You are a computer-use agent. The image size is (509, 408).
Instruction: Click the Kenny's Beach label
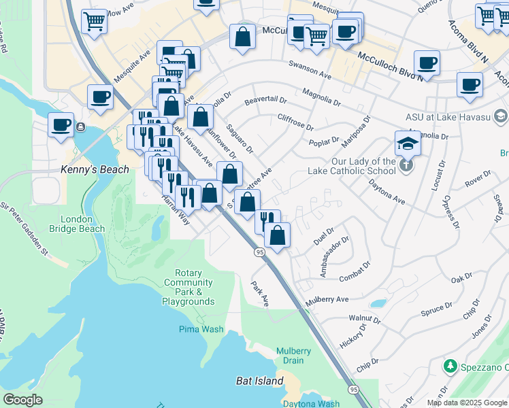(x=95, y=169)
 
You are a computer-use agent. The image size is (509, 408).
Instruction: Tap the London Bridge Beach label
(x=82, y=224)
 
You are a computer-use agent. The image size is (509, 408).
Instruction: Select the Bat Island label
(x=259, y=381)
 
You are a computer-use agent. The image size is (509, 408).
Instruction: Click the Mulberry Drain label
(x=294, y=356)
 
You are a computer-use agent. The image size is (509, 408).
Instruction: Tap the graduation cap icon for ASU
(x=407, y=143)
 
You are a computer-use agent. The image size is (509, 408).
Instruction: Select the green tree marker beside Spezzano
(x=449, y=367)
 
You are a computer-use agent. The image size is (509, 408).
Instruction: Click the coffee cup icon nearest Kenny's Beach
(x=61, y=125)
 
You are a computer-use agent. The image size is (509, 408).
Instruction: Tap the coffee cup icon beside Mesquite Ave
(x=100, y=97)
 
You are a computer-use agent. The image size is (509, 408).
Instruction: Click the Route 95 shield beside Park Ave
(x=260, y=252)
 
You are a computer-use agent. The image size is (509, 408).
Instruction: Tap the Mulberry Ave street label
(x=327, y=299)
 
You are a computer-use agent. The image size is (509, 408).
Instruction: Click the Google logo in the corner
(x=23, y=400)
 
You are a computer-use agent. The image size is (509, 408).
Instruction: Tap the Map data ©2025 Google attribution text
(x=466, y=403)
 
